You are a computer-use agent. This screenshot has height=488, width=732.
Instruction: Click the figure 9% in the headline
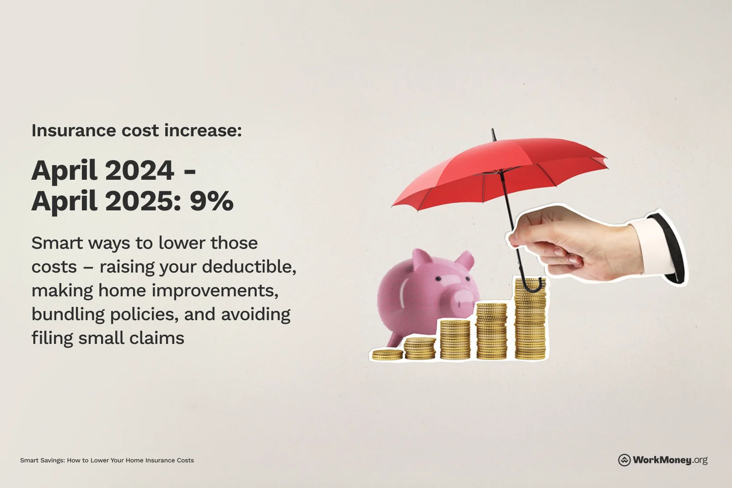(211, 201)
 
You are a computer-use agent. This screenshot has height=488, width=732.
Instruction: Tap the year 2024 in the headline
(140, 171)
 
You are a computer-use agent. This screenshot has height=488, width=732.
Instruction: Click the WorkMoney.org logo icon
(624, 460)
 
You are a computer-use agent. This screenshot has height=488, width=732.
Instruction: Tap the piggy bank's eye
(438, 278)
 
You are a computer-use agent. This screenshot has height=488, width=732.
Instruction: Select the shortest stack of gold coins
(387, 354)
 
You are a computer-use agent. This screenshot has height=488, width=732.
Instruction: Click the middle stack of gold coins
(455, 339)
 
